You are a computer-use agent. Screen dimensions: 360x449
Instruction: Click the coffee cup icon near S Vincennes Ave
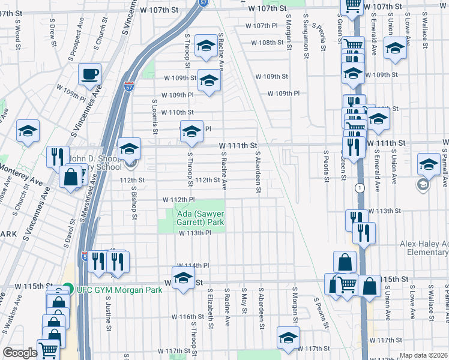click(89, 74)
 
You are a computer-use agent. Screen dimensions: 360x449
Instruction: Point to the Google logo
click(20, 353)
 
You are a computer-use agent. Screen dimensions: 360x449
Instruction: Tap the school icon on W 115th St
click(183, 278)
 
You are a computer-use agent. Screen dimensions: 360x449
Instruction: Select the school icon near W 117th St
click(288, 337)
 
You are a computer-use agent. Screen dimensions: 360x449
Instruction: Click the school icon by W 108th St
click(206, 46)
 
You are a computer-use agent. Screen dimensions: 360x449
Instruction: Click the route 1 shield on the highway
click(360, 188)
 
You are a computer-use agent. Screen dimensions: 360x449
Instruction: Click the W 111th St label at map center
click(238, 146)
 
